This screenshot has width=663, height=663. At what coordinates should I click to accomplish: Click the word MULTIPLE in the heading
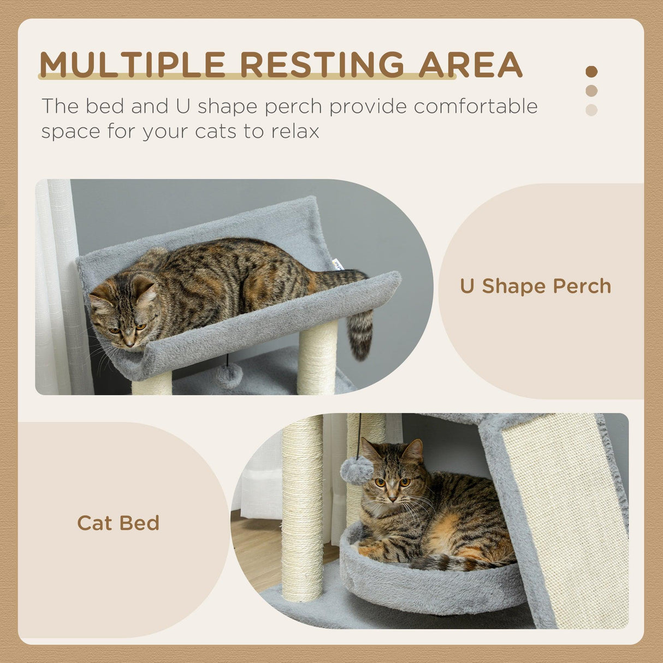coord(133,64)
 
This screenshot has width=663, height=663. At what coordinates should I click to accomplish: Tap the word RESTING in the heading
coord(322,64)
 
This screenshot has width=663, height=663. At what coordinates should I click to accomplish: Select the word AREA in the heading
coord(471,64)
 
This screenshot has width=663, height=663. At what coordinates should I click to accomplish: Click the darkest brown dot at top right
coord(591,72)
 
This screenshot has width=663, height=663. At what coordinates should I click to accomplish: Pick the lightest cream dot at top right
coord(591,110)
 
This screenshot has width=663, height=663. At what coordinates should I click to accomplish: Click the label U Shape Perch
coord(535,286)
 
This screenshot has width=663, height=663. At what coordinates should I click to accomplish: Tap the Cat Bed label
coord(118,523)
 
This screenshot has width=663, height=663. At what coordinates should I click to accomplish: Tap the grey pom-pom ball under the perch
coord(229,376)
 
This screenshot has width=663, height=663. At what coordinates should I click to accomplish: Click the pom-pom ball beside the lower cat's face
coord(357,471)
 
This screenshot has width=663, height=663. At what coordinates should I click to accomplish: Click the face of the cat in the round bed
coord(390,481)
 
